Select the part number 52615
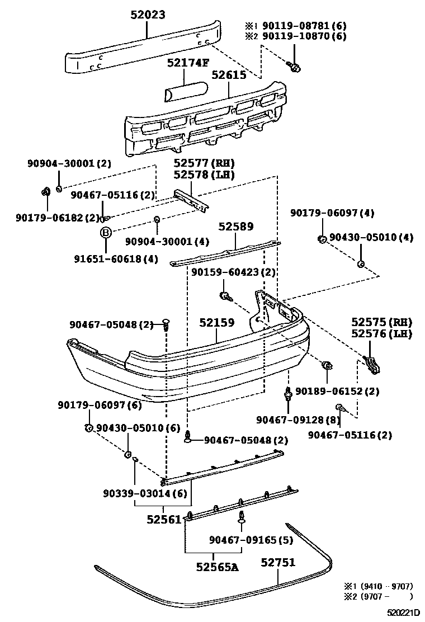[x=229, y=74]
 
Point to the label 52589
[x=235, y=227]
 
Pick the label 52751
[x=277, y=562]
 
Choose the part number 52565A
[x=217, y=567]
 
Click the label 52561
[x=164, y=520]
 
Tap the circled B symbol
[x=105, y=233]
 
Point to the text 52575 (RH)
[x=381, y=322]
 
